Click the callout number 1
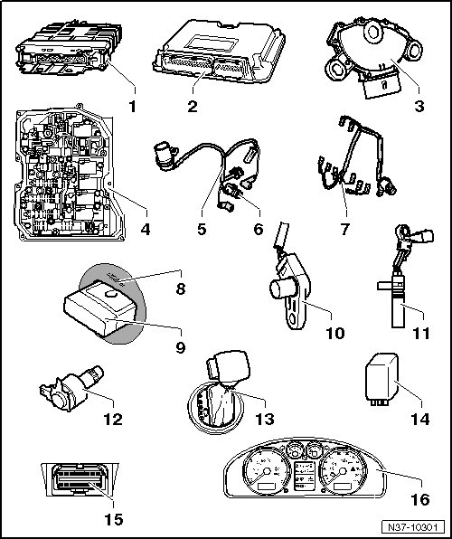pyautogui.click(x=133, y=106)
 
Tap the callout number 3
pyautogui.click(x=419, y=106)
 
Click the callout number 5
pyautogui.click(x=202, y=229)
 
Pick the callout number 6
pyautogui.click(x=259, y=229)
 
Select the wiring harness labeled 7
pyautogui.click(x=356, y=157)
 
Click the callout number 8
pyautogui.click(x=181, y=288)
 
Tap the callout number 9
pyautogui.click(x=181, y=347)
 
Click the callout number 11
pyautogui.click(x=421, y=333)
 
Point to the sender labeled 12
pyautogui.click(x=71, y=389)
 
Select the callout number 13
pyautogui.click(x=265, y=419)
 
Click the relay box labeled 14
pyautogui.click(x=381, y=380)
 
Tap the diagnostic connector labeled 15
pyautogui.click(x=80, y=479)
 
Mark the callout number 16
pyautogui.click(x=420, y=499)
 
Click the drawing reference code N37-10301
pyautogui.click(x=412, y=527)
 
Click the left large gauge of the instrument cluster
pyautogui.click(x=267, y=471)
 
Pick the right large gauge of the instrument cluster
pyautogui.click(x=343, y=471)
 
